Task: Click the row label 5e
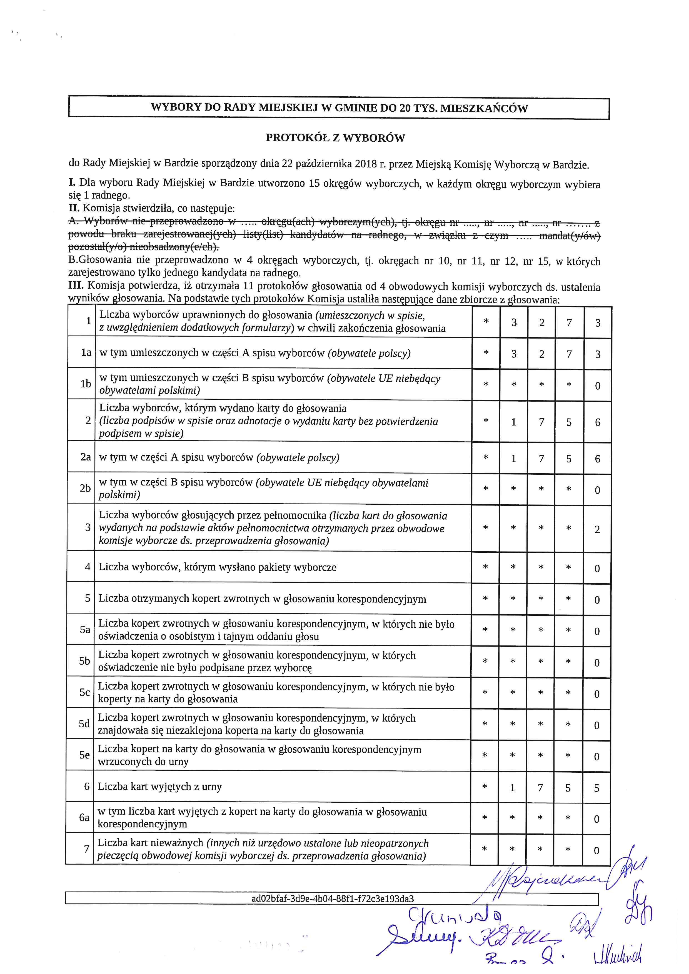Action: (85, 755)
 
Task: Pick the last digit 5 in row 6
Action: (596, 788)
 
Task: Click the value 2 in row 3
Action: (597, 529)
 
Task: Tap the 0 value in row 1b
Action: (597, 386)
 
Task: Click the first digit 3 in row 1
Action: (514, 323)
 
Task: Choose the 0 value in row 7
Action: (596, 851)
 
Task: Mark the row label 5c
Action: (85, 693)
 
